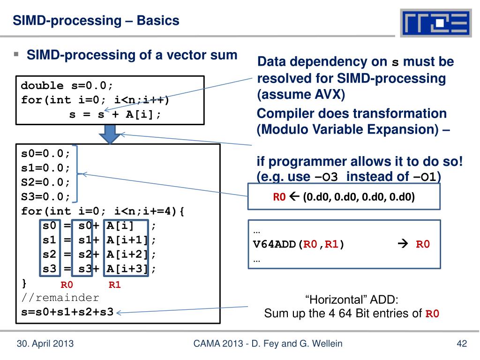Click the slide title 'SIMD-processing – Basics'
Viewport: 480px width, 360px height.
pos(96,21)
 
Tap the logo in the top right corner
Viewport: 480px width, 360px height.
pos(435,23)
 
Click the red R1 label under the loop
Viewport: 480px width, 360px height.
pos(115,285)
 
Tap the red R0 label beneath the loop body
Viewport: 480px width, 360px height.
pos(67,285)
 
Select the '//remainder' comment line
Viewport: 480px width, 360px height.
pos(60,298)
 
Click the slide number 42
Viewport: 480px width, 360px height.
pos(462,344)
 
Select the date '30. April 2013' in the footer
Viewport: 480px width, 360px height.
pos(45,344)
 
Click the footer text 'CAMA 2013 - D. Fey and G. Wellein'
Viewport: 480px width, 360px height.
pos(268,344)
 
